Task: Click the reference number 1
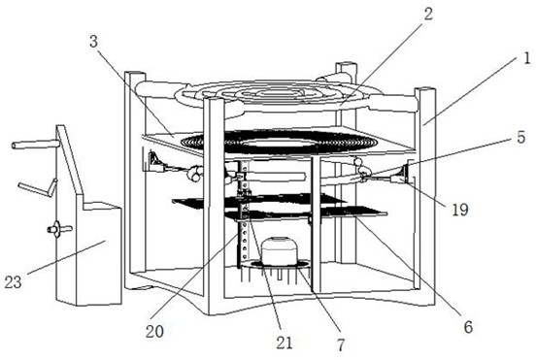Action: tap(526, 58)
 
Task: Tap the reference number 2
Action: tap(427, 14)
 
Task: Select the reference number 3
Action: tap(93, 42)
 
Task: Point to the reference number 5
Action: tap(520, 137)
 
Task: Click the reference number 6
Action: tap(468, 327)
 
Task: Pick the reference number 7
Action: tap(341, 344)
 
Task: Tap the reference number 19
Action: tap(459, 210)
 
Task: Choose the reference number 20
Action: tap(154, 331)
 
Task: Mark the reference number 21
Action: tap(285, 342)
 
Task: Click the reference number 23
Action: tap(13, 281)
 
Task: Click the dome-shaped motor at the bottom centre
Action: tap(280, 251)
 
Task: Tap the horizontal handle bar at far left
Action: tap(35, 145)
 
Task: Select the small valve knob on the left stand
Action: tap(58, 228)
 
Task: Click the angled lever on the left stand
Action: tap(38, 188)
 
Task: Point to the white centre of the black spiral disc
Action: tap(279, 143)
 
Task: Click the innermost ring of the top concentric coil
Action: tap(279, 92)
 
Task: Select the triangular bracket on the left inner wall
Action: tap(155, 161)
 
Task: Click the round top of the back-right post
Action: tap(347, 65)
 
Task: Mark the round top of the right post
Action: tap(425, 90)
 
